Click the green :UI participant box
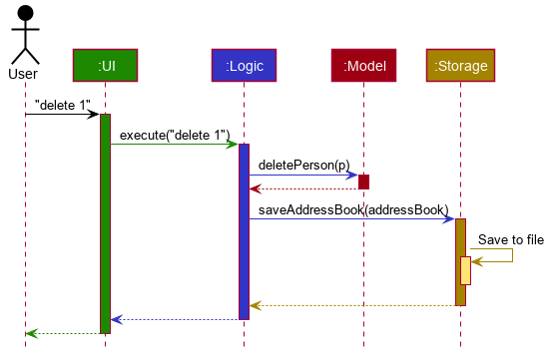[x=105, y=66]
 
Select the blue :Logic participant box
[x=244, y=66]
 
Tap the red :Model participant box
[x=363, y=66]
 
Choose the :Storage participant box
[x=460, y=66]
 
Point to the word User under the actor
[x=23, y=74]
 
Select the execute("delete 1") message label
[x=175, y=135]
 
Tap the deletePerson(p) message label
[x=304, y=165]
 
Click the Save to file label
[x=510, y=239]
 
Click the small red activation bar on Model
[x=363, y=181]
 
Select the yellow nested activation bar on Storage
[x=466, y=270]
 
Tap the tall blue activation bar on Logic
[x=244, y=231]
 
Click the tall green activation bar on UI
[x=105, y=223]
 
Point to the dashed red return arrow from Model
[x=303, y=188]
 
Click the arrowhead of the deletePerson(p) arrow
[x=353, y=176]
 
